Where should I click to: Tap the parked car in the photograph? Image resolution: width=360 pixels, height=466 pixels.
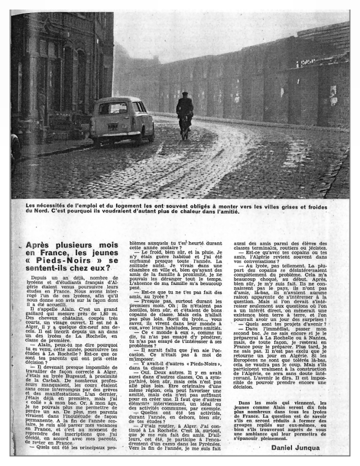[122, 119]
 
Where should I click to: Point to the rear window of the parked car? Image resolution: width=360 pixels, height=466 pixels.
[113, 108]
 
